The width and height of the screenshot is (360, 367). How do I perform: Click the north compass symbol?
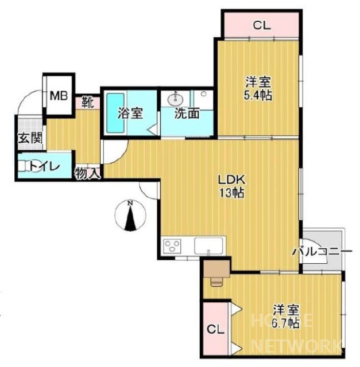pyautogui.click(x=130, y=217)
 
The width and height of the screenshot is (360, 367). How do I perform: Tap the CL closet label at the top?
pyautogui.click(x=261, y=25)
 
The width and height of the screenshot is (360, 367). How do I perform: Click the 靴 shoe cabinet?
pyautogui.click(x=87, y=104)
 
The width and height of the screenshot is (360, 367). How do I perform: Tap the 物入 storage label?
pyautogui.click(x=88, y=172)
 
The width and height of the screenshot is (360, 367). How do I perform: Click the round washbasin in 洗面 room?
pyautogui.click(x=175, y=99)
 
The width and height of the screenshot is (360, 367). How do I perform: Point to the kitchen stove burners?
pyautogui.click(x=172, y=247)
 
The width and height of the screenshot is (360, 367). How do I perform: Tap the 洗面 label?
pyautogui.click(x=187, y=113)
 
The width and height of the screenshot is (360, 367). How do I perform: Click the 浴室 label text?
pyautogui.click(x=130, y=113)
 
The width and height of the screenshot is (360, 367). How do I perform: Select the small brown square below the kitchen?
pyautogui.click(x=216, y=268)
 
